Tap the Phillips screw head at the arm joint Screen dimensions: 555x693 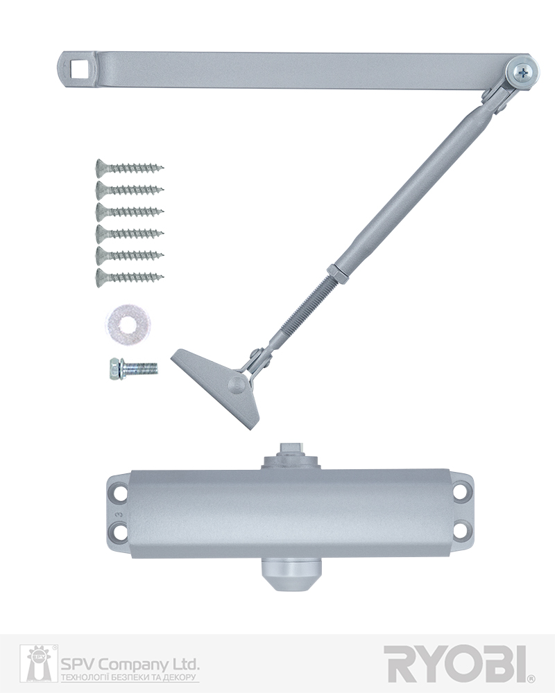pyautogui.click(x=524, y=72)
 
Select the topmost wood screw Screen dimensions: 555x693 pyautogui.click(x=130, y=168)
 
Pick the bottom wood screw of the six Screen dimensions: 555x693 pyautogui.click(x=130, y=277)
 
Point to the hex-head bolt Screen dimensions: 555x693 pyautogui.click(x=133, y=368)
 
